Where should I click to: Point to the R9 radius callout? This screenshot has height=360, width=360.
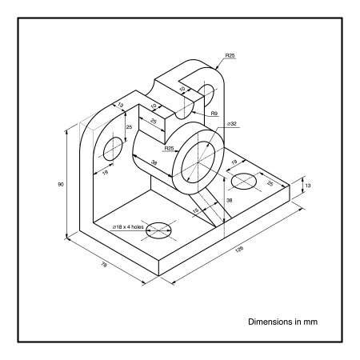215,114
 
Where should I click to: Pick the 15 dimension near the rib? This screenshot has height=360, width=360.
196,210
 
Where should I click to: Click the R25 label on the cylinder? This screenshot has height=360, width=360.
169,149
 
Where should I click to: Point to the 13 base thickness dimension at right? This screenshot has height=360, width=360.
308,186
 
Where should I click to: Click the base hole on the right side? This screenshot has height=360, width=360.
247,182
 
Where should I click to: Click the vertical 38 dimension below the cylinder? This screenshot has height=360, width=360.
230,200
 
